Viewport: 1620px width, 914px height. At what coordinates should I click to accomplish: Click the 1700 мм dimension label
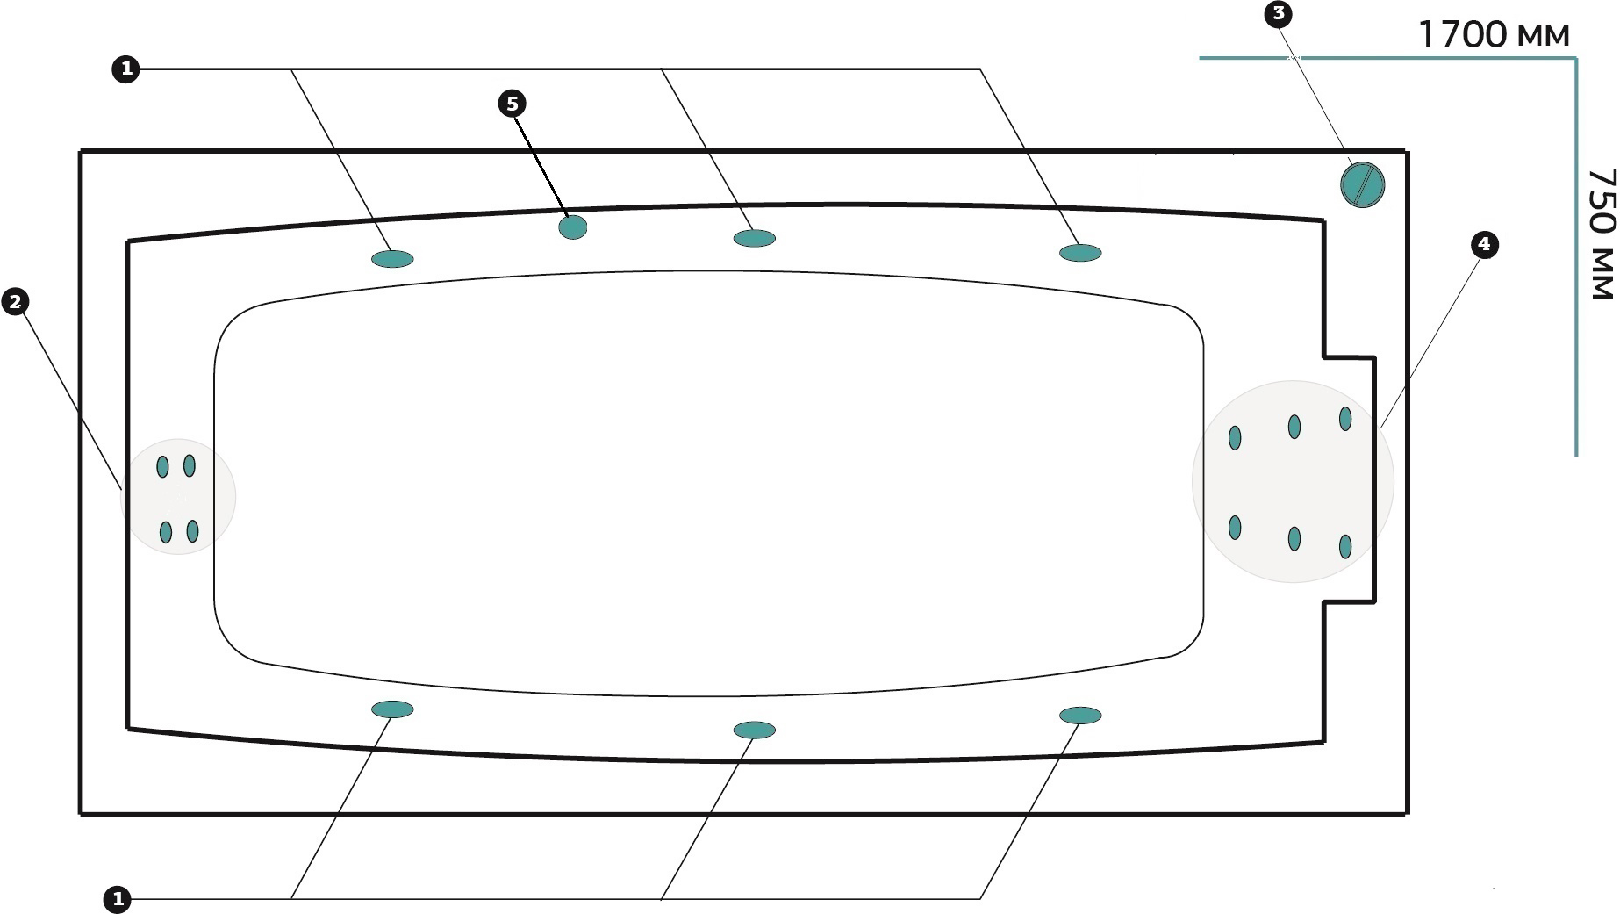[1494, 34]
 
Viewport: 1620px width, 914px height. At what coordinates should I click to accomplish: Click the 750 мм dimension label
[1602, 234]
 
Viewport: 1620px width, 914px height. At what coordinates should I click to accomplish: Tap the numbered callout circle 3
[1278, 14]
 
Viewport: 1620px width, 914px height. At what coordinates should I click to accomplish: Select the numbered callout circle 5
[512, 104]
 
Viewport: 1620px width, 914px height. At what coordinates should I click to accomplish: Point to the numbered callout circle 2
[15, 302]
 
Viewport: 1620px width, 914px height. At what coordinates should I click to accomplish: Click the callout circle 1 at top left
[125, 68]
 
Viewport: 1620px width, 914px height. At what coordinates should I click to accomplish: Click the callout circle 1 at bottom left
[117, 899]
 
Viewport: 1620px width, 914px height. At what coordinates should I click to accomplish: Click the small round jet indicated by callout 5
[573, 227]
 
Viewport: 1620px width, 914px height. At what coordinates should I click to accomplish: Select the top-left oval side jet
[392, 258]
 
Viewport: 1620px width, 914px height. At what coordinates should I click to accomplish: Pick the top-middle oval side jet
[754, 238]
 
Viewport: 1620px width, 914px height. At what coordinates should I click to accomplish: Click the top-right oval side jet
[1080, 253]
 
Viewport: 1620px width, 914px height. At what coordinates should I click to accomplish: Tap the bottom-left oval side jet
[392, 709]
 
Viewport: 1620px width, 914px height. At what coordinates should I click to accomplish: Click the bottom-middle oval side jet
[754, 730]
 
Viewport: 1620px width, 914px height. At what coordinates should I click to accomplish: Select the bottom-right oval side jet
[1080, 716]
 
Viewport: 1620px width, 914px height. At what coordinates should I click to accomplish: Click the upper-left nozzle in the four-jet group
[162, 466]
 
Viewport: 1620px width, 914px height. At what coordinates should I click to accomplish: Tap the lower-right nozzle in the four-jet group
[192, 530]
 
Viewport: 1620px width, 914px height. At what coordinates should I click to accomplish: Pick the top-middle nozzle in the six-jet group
[1294, 427]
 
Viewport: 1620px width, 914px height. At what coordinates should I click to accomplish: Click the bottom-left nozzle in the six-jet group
[1235, 527]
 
